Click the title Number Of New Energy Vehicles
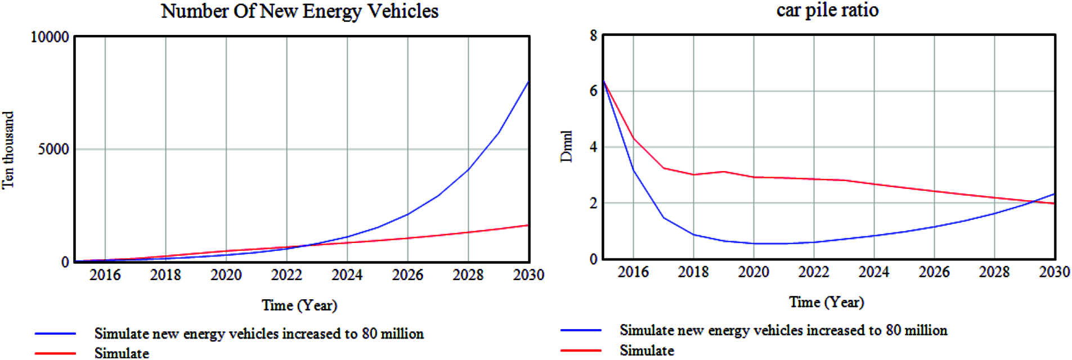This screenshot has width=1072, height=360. click(x=299, y=11)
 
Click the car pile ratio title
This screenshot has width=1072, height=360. click(x=827, y=10)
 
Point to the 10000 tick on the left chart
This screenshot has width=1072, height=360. click(x=50, y=37)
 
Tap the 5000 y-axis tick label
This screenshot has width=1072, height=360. click(x=53, y=149)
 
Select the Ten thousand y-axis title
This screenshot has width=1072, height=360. click(x=8, y=150)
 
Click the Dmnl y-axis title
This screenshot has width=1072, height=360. click(x=566, y=146)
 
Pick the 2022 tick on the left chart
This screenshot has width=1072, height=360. click(x=286, y=275)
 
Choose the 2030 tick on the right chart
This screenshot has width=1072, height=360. click(x=1054, y=272)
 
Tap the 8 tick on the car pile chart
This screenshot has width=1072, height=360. click(x=593, y=35)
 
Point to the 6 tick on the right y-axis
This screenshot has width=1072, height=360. click(x=593, y=91)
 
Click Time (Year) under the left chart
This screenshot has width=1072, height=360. click(x=299, y=305)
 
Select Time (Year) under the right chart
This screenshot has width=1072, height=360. click(x=826, y=302)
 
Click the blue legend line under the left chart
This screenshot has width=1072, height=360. click(x=55, y=334)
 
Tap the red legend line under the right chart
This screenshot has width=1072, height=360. click(x=581, y=350)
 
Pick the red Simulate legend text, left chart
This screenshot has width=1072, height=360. click(x=122, y=353)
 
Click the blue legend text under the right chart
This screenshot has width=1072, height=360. click(x=783, y=330)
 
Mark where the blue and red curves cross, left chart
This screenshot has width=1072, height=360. click(x=304, y=246)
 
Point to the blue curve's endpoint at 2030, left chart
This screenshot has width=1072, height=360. click(x=528, y=82)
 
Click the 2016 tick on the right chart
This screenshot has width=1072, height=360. click(x=633, y=272)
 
